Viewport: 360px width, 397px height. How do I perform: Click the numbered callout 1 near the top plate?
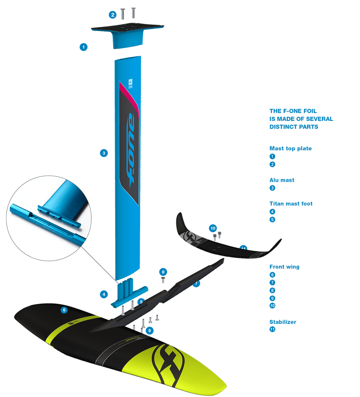[84, 47]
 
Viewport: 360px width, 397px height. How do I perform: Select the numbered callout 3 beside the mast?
[104, 153]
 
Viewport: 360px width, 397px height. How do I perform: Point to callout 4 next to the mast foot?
[104, 294]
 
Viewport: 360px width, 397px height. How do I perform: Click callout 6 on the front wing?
[64, 310]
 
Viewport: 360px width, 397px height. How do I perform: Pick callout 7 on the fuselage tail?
[197, 284]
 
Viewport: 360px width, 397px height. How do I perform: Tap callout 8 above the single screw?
[163, 272]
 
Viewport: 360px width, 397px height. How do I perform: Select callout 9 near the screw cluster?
[149, 330]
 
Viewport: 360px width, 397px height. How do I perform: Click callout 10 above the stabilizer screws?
[213, 228]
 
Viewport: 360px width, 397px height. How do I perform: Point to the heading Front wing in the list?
[284, 267]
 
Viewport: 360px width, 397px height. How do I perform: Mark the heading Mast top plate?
[291, 148]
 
